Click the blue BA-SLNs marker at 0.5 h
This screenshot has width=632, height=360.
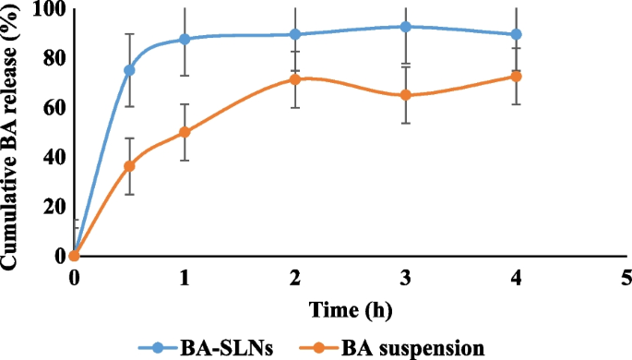[x=129, y=70]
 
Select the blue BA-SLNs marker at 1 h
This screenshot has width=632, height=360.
[x=185, y=39]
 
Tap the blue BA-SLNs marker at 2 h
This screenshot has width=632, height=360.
[x=295, y=34]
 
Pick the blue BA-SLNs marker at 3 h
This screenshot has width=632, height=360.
[x=406, y=27]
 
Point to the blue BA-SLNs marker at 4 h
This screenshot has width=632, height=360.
[x=517, y=34]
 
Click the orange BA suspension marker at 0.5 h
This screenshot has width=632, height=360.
[x=129, y=166]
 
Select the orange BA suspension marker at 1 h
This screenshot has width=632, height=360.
[x=185, y=132]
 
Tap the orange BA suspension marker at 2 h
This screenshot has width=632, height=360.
[x=295, y=79]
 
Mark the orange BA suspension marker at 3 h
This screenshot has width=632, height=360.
[x=406, y=95]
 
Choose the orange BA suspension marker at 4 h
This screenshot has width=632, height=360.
[x=517, y=77]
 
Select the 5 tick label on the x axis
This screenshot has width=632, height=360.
[x=626, y=276]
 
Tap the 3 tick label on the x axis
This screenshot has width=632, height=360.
[x=406, y=276]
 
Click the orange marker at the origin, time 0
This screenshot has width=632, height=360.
[x=75, y=256]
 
